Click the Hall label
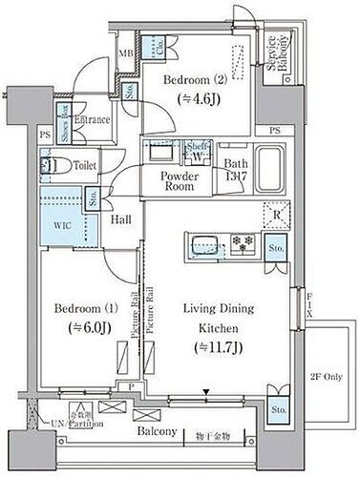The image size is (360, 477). pyautogui.click(x=120, y=220)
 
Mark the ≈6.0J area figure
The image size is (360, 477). pyautogui.click(x=81, y=327)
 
